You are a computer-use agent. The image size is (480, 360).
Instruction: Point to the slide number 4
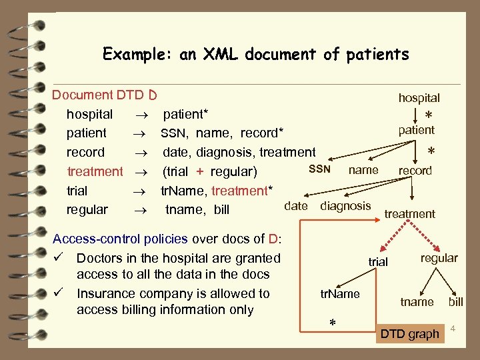click(x=452, y=329)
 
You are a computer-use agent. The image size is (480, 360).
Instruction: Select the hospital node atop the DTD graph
click(x=419, y=98)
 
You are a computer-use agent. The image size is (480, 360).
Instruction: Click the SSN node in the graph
click(x=319, y=169)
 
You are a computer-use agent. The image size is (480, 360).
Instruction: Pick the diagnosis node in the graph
click(x=345, y=205)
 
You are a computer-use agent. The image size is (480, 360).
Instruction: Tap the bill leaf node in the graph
click(x=455, y=302)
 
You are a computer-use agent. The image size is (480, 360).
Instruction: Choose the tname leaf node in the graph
click(x=417, y=302)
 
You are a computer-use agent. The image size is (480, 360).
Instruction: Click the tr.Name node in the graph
click(x=340, y=294)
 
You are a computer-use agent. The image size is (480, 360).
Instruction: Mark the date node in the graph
click(x=295, y=205)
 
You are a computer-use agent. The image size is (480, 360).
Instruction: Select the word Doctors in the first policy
click(x=100, y=258)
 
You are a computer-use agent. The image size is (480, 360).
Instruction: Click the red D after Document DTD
click(x=153, y=95)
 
